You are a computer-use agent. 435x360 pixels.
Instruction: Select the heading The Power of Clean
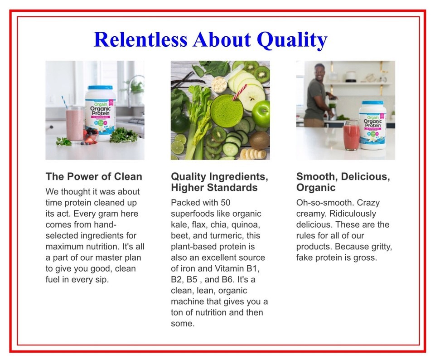94,176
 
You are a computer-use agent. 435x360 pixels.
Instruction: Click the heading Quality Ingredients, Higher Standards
219,182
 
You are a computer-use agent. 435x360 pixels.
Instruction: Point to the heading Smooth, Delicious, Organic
343,182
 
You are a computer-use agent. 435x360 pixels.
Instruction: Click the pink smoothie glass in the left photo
75,125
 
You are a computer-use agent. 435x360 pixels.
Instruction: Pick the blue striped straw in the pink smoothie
64,102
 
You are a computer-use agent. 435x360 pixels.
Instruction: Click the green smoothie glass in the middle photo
227,111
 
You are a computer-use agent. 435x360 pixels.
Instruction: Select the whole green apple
261,113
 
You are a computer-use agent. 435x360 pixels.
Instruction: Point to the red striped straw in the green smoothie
239,92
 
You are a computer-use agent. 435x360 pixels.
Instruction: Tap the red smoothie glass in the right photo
352,135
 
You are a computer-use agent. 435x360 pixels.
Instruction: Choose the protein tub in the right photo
372,126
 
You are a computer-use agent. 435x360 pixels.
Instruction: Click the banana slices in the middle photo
253,154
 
